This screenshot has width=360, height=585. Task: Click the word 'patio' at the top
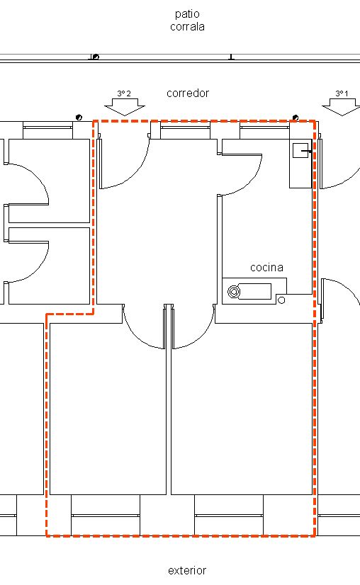pyautogui.click(x=187, y=14)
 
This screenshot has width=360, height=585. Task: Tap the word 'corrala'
pyautogui.click(x=187, y=27)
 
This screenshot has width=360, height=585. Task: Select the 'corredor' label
pyautogui.click(x=188, y=93)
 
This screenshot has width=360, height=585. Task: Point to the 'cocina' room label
pyautogui.click(x=266, y=267)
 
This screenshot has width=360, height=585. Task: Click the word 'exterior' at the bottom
pyautogui.click(x=187, y=570)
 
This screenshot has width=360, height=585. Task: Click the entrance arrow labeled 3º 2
pyautogui.click(x=125, y=107)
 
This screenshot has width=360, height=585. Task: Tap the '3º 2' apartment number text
pyautogui.click(x=125, y=93)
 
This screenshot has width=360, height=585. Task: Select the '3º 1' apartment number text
pyautogui.click(x=342, y=93)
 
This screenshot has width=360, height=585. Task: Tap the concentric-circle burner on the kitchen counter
pyautogui.click(x=233, y=291)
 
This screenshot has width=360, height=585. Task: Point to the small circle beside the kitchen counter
pyautogui.click(x=281, y=300)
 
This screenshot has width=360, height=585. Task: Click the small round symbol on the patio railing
pyautogui.click(x=96, y=57)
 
